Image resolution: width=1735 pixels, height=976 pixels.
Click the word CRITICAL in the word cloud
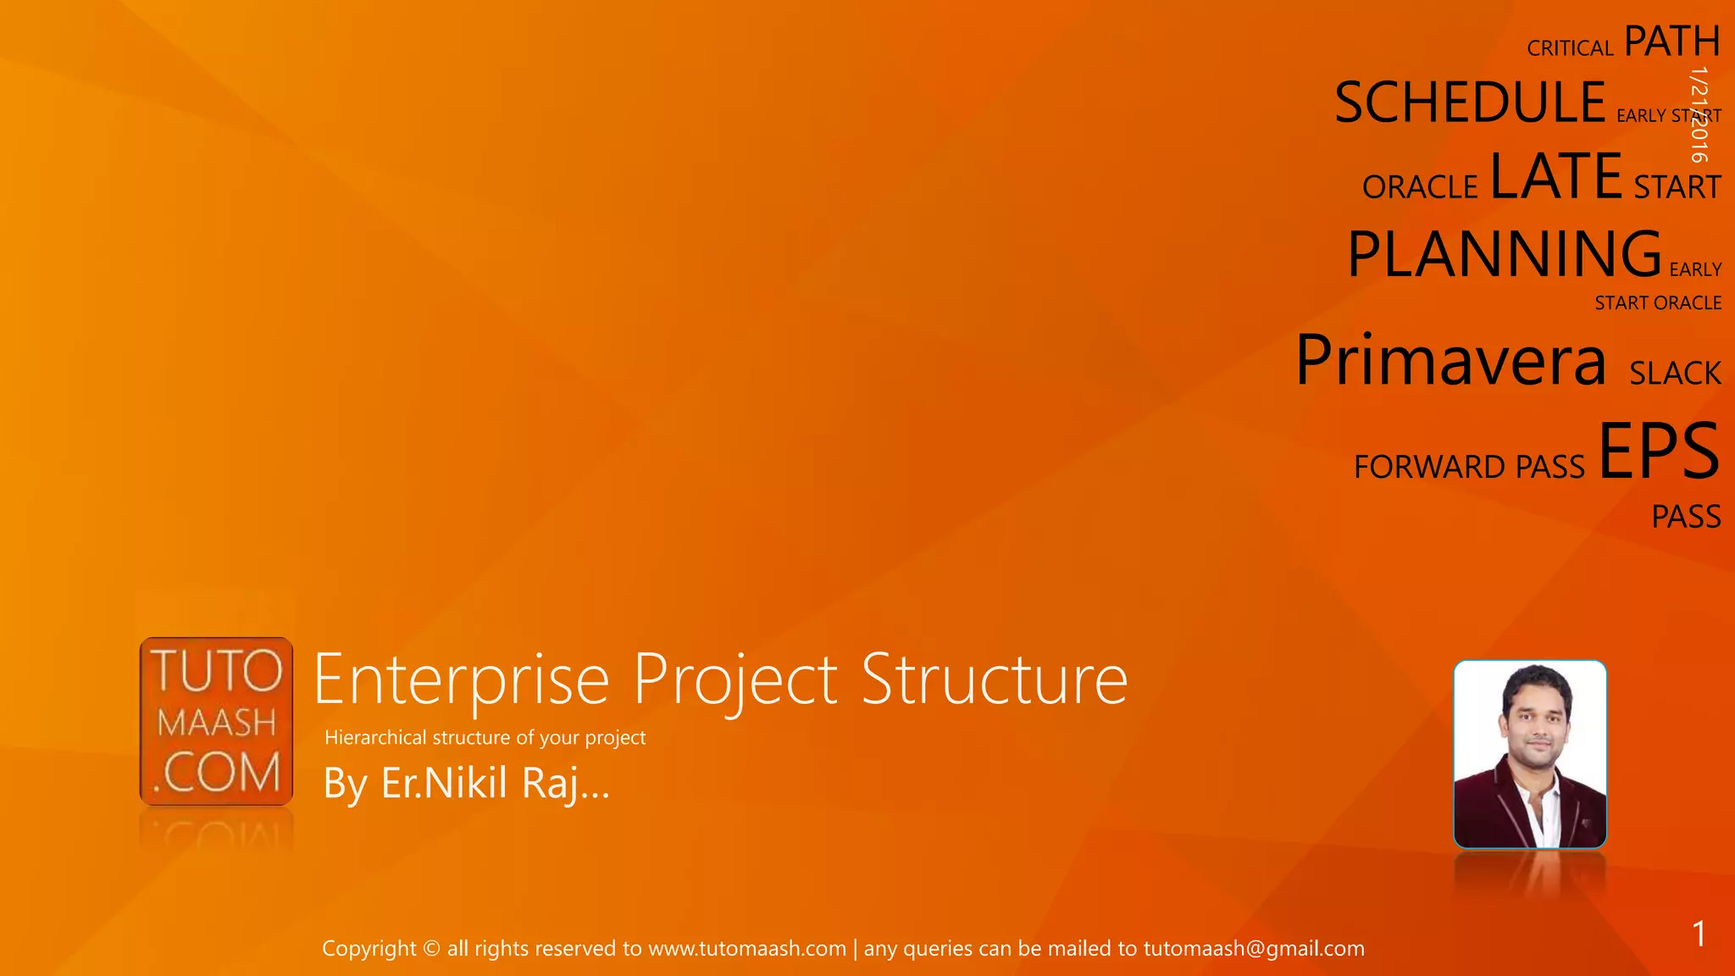point(1570,48)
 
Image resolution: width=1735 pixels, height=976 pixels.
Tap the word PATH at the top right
point(1671,42)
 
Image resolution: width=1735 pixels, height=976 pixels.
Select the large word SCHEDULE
point(1470,103)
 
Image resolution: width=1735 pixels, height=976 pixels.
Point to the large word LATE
point(1555,176)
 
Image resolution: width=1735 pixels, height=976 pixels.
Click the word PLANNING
point(1504,253)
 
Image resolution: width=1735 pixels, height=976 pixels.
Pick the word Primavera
point(1450,360)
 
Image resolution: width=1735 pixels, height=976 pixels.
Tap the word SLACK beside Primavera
point(1675,374)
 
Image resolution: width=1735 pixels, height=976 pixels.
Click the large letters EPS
point(1659,451)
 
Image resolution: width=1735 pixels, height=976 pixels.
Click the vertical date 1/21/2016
point(1699,114)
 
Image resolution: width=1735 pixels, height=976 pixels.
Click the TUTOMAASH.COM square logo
point(216,721)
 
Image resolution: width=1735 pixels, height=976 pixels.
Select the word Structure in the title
point(995,679)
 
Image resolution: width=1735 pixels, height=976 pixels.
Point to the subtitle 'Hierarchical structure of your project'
point(485,738)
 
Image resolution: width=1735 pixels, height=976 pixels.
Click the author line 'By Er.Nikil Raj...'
point(466,783)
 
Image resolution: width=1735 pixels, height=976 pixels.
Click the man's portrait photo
point(1530,754)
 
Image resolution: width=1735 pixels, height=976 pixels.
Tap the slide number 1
point(1699,934)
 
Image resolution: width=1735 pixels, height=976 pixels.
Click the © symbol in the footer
point(431,949)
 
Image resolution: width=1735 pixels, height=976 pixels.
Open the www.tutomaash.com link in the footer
point(747,949)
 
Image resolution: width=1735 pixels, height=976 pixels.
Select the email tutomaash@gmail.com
point(1254,949)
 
